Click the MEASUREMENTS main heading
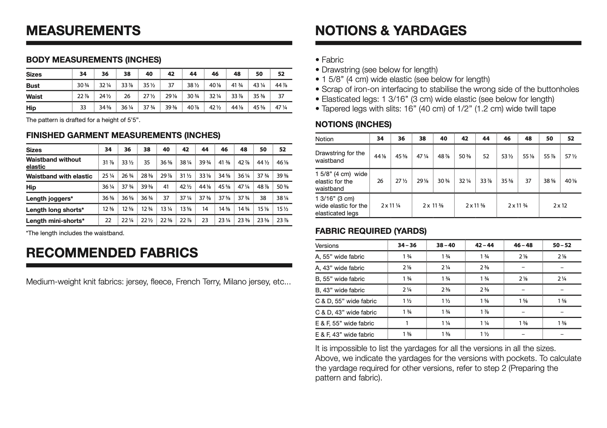pos(83,30)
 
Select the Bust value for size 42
pos(171,85)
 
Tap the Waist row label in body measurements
pos(34,97)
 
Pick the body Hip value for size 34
pos(83,108)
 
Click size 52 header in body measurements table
pos(281,74)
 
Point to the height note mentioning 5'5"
pos(83,120)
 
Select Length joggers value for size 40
pos(166,198)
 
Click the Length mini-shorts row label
pos(55,221)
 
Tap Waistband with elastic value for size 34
pos(108,176)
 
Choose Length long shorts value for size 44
pos(205,209)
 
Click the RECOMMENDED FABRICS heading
pos(112,253)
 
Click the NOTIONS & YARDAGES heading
pos(391,30)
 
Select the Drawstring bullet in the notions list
pos(379,70)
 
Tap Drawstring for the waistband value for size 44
pos(486,157)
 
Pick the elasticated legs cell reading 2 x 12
pos(560,205)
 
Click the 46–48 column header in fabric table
pos(523,245)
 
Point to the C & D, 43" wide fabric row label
pos(346,312)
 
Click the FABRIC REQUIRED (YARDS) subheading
pos(371,231)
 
